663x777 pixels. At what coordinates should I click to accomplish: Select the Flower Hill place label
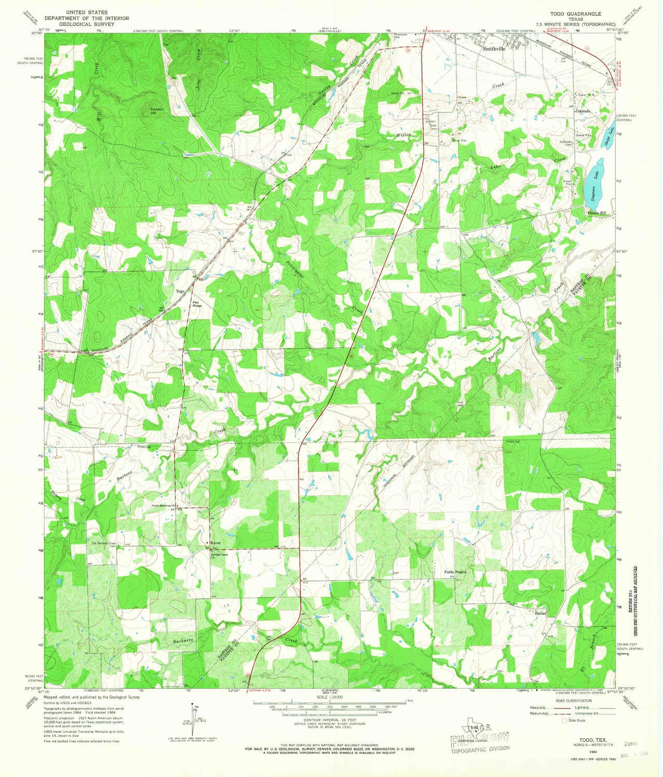596,213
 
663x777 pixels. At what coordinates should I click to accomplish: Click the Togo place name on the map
180,292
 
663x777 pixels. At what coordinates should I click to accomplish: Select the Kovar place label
215,542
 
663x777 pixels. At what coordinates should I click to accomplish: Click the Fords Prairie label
455,572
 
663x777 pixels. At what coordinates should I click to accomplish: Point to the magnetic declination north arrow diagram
195,717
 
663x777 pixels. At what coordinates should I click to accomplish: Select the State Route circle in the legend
565,720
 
